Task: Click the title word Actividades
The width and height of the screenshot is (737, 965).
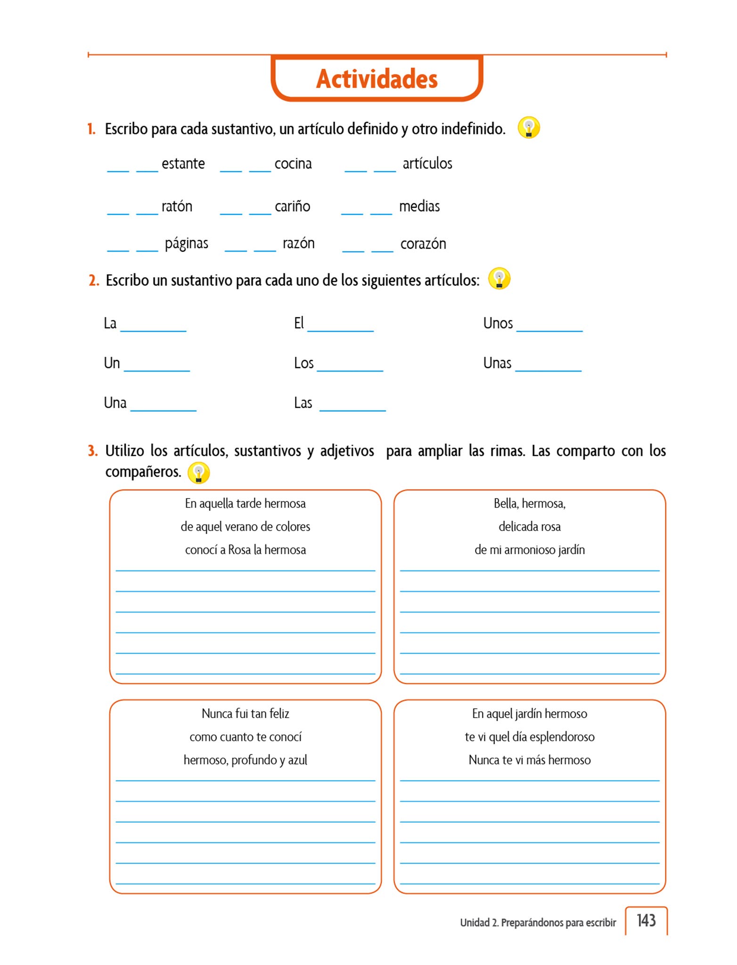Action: [x=377, y=79]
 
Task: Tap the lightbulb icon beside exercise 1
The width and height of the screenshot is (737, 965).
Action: [x=528, y=128]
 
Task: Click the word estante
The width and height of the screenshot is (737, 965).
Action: [x=183, y=164]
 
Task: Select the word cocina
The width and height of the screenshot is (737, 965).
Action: [x=293, y=164]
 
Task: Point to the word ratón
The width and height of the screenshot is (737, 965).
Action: [x=177, y=206]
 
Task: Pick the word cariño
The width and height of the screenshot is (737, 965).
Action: [x=292, y=206]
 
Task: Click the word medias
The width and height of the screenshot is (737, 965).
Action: [x=419, y=206]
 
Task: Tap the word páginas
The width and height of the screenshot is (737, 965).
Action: [x=186, y=244]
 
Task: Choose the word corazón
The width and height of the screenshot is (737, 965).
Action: [x=423, y=244]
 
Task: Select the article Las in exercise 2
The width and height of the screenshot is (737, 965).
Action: [x=303, y=403]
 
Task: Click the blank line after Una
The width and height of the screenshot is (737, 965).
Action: [x=163, y=409]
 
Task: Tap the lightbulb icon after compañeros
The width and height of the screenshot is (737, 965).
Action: [x=198, y=473]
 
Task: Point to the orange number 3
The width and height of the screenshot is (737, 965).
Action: [x=92, y=451]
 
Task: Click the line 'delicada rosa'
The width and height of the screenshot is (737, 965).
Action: [x=530, y=527]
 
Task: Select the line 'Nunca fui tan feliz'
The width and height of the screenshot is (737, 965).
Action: [x=246, y=713]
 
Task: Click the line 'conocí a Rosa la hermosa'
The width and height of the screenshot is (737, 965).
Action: [x=246, y=550]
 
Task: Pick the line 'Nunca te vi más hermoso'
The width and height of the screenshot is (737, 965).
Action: [x=530, y=760]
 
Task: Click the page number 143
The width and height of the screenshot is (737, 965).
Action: [x=646, y=920]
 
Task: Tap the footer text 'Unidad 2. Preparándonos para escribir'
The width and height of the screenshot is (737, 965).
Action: [x=538, y=923]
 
